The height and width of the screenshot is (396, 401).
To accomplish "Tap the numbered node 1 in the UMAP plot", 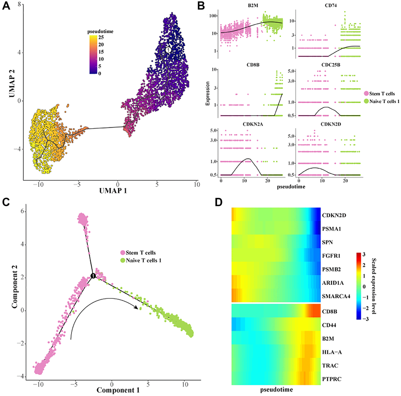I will [x=168, y=50].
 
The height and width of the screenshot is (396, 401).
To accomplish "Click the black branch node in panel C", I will [x=93, y=276].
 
